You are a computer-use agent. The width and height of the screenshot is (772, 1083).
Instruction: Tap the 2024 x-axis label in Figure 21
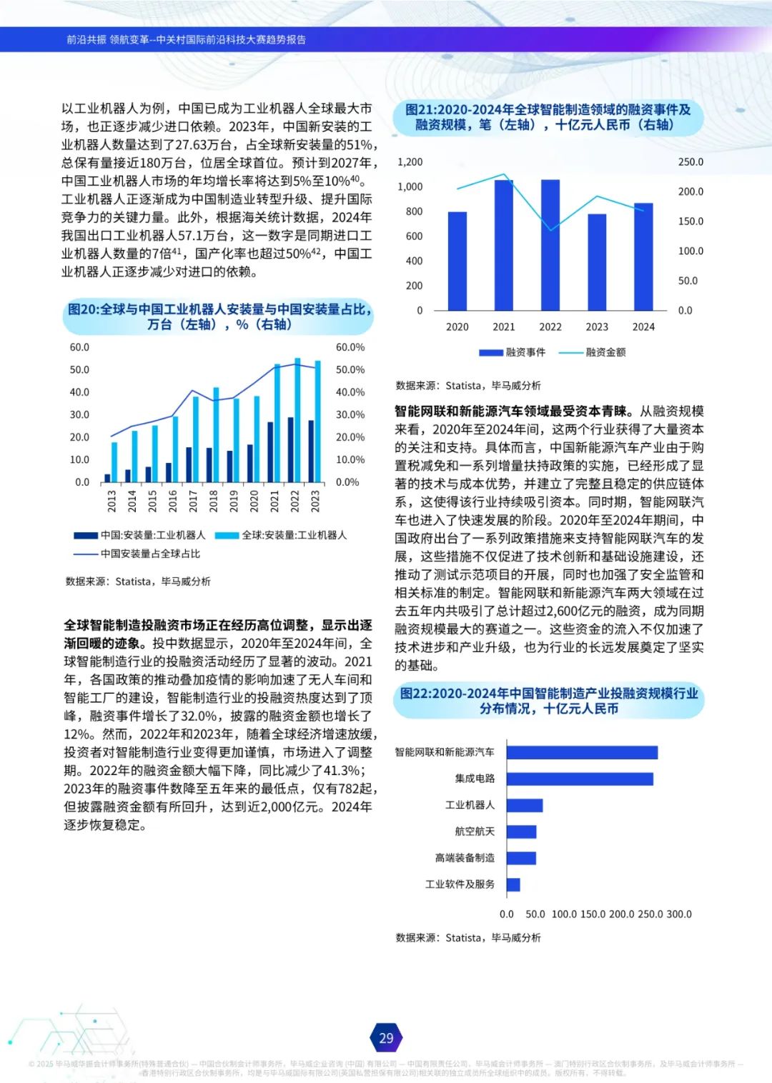[643, 327]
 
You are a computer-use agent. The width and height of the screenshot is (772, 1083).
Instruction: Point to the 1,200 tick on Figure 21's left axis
[410, 162]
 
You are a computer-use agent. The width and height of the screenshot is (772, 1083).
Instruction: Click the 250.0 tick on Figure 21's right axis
[691, 162]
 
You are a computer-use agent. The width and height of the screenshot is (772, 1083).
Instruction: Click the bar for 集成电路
[580, 779]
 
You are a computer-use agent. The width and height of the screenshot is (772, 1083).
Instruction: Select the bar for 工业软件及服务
[513, 884]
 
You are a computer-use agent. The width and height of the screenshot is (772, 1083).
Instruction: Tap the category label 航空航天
[475, 832]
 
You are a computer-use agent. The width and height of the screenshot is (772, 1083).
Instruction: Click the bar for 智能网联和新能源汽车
[582, 752]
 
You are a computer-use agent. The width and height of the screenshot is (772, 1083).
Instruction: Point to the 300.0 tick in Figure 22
[678, 914]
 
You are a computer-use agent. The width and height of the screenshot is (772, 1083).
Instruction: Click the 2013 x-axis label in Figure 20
[112, 501]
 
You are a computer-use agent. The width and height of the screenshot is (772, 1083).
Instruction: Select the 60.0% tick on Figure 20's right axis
[350, 348]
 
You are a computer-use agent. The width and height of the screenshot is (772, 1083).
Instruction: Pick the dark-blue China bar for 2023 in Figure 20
[311, 451]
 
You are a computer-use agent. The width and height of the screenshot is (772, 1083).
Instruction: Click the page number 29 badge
[386, 1038]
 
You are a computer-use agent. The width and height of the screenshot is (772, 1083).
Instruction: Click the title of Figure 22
[548, 701]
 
